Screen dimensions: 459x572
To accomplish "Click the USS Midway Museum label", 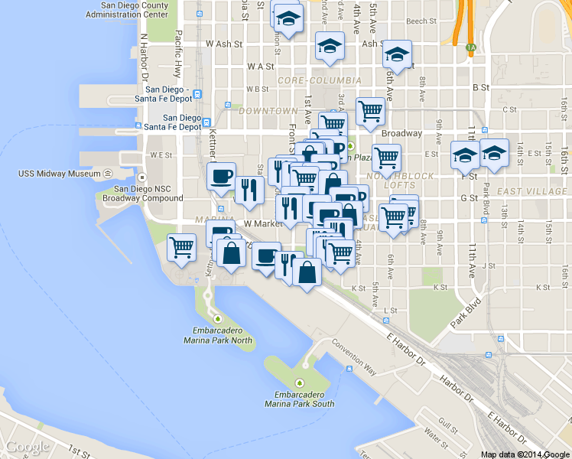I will pos(59,174).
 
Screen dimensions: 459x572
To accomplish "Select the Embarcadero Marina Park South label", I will pos(300,399).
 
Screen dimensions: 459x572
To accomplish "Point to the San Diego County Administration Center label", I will pos(128,9).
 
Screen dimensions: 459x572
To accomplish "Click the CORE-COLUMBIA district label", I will pos(320,80).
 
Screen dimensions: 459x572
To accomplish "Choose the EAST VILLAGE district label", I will pos(532,191).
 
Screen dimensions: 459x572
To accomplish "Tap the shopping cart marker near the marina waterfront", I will pos(182,247).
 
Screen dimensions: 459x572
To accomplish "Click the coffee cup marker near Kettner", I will pos(222,176).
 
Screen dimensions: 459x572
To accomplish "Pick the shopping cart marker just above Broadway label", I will pos(370,111).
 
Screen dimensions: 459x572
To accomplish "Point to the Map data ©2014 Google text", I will pos(525,454).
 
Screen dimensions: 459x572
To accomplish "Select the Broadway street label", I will pos(401,133).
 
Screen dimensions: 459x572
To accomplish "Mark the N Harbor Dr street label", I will pos(143,58).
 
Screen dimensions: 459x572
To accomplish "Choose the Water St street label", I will pos(436,439).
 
